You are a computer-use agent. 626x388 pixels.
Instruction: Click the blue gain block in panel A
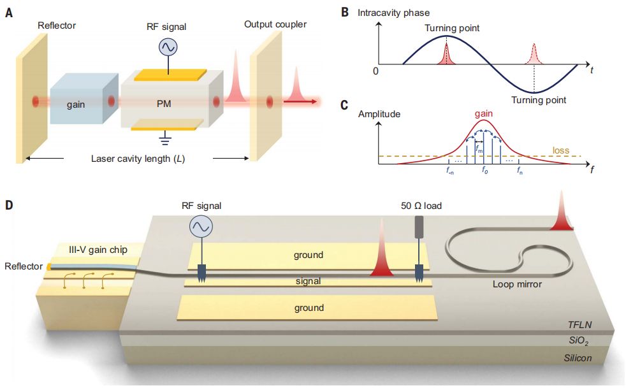80,102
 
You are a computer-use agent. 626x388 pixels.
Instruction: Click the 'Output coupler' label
275,24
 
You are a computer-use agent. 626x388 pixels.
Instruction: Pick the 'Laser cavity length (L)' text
138,158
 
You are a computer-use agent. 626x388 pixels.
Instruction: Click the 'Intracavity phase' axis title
393,12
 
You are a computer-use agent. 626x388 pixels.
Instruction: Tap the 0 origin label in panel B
376,71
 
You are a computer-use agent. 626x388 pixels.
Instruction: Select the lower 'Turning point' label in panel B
539,100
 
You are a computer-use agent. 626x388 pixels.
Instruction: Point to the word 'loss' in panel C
561,151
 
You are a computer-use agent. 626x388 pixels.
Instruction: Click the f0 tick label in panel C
484,171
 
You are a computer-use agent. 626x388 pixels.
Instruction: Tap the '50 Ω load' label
419,206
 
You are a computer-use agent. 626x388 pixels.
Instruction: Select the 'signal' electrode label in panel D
309,280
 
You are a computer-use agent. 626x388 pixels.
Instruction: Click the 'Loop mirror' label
518,284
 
